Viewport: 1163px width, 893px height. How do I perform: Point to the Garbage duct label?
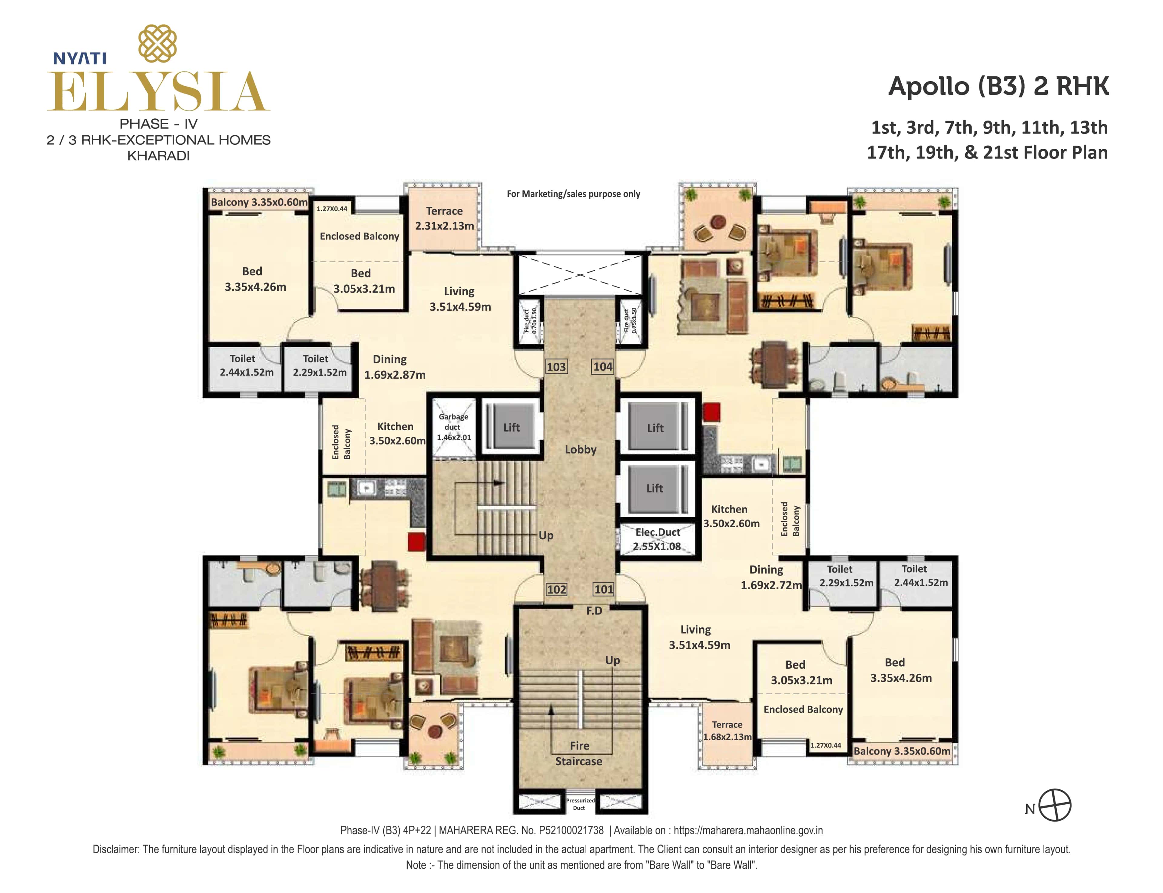(x=453, y=427)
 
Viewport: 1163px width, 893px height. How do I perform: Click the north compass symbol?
(x=1055, y=805)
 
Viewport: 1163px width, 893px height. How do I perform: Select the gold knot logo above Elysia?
(x=157, y=44)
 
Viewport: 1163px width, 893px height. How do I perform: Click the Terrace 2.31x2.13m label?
(x=444, y=218)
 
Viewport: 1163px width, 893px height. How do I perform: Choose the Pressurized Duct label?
(x=580, y=804)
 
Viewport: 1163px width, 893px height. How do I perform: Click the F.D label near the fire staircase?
(x=594, y=611)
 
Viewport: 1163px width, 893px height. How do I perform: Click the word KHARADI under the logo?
(x=158, y=156)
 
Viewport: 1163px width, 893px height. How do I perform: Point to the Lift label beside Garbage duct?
(x=511, y=427)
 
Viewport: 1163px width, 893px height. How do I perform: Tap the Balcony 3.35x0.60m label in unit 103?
(x=259, y=202)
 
